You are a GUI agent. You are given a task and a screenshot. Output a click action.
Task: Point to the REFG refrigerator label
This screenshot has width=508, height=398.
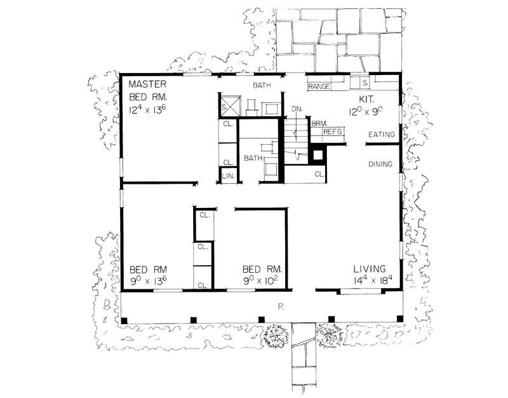(333, 132)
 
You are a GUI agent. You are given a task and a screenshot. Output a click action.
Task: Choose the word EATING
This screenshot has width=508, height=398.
(382, 135)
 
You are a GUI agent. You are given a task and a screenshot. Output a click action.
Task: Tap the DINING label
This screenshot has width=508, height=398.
(381, 164)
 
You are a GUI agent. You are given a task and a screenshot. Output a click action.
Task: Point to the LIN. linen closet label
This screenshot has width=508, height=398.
(227, 176)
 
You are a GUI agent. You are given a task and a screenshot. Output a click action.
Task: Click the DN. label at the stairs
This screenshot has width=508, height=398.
(297, 109)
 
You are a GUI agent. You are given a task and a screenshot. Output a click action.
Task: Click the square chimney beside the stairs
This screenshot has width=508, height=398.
(317, 154)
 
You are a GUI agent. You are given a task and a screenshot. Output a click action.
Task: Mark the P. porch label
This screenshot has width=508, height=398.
(280, 306)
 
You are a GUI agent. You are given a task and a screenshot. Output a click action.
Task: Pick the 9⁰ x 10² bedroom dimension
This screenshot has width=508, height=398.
(265, 280)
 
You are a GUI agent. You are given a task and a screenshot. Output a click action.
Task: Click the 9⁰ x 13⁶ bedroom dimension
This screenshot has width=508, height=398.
(148, 280)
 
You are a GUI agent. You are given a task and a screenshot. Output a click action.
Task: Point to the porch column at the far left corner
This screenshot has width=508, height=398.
(124, 319)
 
